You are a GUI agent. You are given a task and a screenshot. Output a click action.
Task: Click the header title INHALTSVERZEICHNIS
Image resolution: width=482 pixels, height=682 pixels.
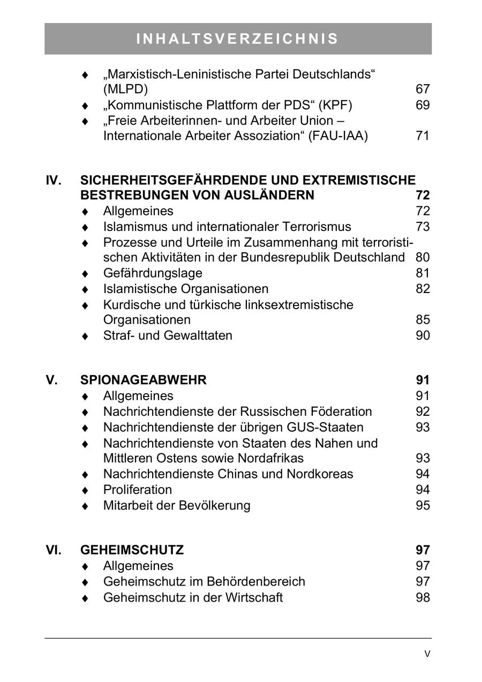click(x=238, y=39)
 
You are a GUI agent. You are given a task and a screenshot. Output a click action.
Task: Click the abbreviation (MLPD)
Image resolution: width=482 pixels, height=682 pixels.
click(x=125, y=89)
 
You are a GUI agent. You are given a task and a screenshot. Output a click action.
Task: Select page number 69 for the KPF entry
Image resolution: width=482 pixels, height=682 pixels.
click(x=422, y=105)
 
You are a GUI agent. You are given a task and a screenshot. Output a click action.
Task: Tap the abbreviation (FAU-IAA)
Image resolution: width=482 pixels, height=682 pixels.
click(x=339, y=136)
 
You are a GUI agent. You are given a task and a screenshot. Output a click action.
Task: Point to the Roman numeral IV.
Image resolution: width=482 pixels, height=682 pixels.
click(x=54, y=180)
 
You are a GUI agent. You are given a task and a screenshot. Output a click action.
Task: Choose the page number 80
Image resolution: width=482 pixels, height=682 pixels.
click(x=422, y=258)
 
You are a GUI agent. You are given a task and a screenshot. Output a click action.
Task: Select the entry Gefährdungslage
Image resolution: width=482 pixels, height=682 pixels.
click(x=153, y=273)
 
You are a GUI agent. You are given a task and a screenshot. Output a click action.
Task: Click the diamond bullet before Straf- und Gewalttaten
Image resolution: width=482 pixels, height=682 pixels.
click(x=85, y=336)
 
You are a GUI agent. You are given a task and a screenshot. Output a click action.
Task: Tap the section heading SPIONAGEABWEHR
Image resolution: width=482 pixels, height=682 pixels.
click(x=143, y=380)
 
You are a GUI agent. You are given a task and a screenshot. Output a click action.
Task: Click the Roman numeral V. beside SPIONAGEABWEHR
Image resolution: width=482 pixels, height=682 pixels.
click(x=51, y=380)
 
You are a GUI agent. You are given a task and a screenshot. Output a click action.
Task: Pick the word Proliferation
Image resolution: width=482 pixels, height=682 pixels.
click(x=137, y=490)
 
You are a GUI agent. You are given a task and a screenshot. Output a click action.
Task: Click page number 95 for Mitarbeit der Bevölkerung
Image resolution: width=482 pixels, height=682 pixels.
click(x=422, y=505)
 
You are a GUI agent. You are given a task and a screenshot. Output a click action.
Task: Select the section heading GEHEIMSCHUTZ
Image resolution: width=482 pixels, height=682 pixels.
click(x=132, y=550)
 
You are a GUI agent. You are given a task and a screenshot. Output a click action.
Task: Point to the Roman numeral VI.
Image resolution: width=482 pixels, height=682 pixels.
click(x=54, y=550)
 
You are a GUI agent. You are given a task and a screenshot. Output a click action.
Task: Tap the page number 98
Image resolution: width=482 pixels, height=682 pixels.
click(x=422, y=597)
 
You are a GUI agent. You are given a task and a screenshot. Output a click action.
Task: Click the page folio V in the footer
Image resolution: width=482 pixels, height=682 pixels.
click(x=427, y=654)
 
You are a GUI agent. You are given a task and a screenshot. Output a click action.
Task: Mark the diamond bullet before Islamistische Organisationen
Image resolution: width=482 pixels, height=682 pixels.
click(x=85, y=290)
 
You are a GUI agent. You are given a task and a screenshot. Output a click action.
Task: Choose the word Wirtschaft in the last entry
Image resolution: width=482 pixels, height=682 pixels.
click(x=255, y=597)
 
